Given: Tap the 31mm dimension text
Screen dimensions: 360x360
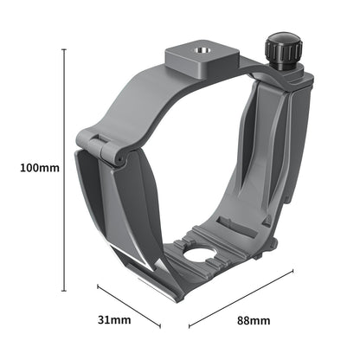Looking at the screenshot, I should [x=113, y=320].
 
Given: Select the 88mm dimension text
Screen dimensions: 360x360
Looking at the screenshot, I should [x=253, y=320].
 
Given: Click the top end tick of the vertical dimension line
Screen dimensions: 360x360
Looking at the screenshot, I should [x=64, y=50].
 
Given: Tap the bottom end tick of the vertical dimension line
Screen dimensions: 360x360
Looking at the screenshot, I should [x=64, y=288].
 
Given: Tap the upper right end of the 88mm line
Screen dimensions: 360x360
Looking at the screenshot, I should [x=292, y=273].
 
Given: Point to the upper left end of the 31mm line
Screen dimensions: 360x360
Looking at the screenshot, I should [x=97, y=286].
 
